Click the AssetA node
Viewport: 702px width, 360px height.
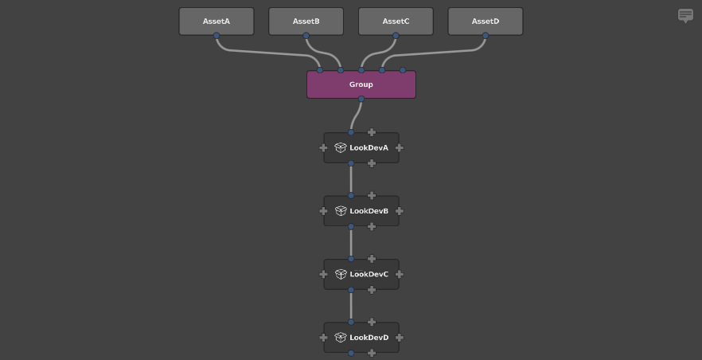pos(216,22)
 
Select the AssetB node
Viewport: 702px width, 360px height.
pos(306,22)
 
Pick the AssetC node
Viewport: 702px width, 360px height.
pos(396,22)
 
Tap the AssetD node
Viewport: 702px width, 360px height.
pos(486,22)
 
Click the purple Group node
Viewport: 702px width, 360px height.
pos(361,84)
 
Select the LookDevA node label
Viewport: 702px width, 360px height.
pos(369,148)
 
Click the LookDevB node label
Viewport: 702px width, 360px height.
pos(369,211)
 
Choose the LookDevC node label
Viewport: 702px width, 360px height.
pos(369,274)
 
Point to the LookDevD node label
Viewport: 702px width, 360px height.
pos(369,338)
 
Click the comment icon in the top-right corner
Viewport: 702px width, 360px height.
pos(685,15)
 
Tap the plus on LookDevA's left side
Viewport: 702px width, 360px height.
pos(323,148)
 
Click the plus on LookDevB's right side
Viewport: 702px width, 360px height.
pos(400,211)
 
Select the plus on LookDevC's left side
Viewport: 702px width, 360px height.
pos(323,274)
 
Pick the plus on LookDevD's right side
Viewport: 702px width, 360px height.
pos(400,338)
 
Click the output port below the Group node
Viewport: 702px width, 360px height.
pos(361,99)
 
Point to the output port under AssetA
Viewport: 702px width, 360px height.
pos(216,36)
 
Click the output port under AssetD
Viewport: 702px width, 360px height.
pos(486,36)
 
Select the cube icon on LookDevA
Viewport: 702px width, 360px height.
pos(341,148)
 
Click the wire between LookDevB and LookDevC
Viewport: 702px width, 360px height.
pos(351,243)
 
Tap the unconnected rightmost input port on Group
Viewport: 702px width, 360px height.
pos(403,70)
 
